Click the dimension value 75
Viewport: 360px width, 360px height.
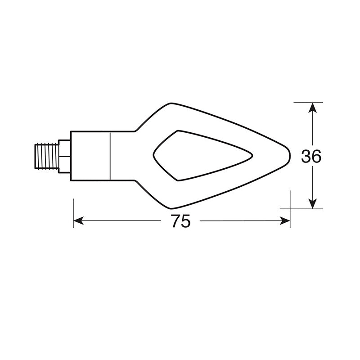[181, 221]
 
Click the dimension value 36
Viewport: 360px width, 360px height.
[311, 156]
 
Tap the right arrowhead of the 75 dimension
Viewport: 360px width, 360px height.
[285, 220]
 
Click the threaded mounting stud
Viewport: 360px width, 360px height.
[46, 156]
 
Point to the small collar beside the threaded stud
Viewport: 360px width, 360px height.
[64, 156]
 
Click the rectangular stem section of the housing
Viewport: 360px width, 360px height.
[90, 156]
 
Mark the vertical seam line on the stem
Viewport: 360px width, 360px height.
[111, 156]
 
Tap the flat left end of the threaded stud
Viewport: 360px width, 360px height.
[36, 156]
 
